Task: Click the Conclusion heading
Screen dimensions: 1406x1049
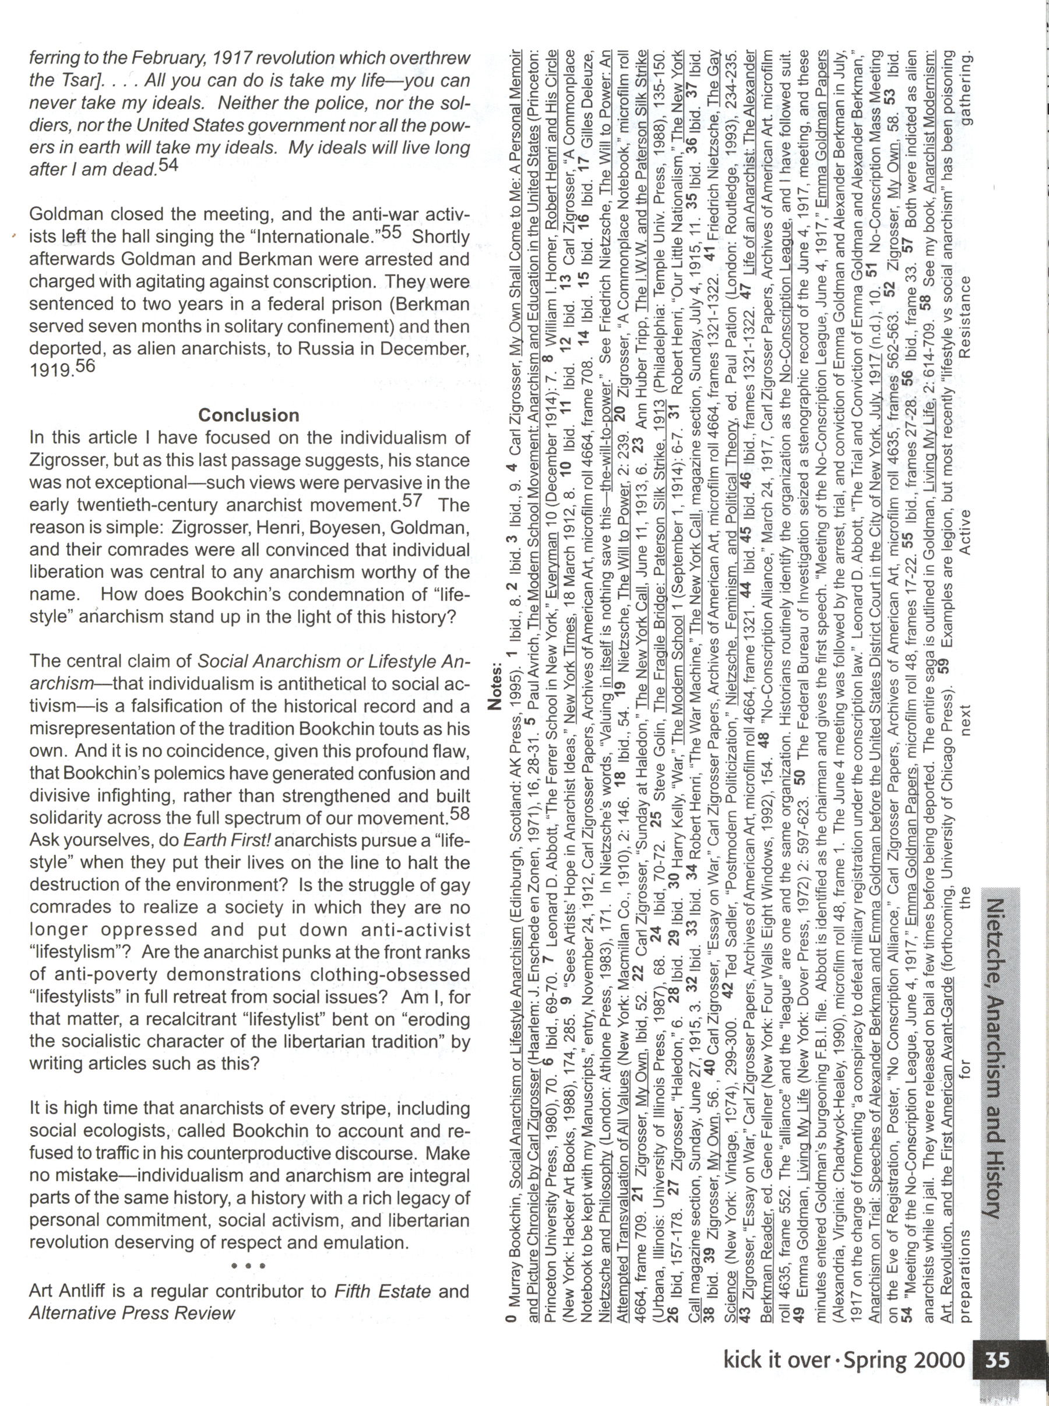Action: (248, 415)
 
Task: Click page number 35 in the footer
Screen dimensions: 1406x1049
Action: (997, 1361)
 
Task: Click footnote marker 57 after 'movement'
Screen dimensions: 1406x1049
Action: (412, 501)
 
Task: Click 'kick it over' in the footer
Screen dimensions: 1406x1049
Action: (777, 1361)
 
